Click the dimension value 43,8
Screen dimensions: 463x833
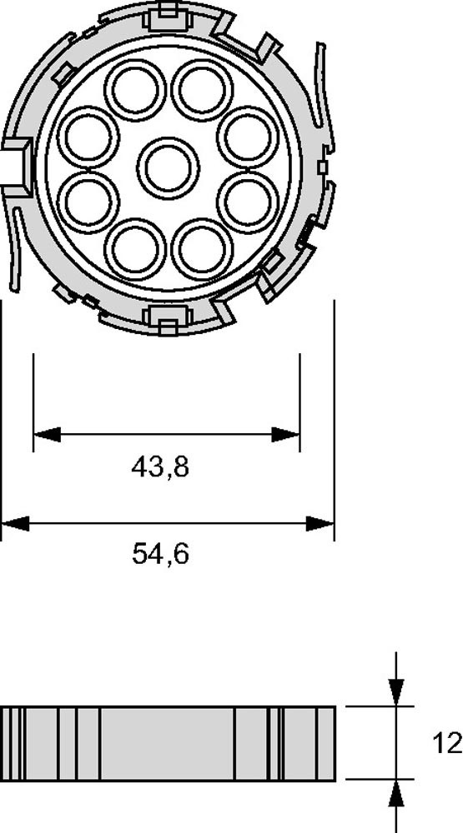click(x=160, y=468)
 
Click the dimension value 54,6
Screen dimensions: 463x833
click(x=160, y=555)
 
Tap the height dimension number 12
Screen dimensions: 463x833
click(x=447, y=743)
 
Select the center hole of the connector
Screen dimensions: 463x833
click(x=169, y=168)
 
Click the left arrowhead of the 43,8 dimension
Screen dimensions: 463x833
click(x=47, y=434)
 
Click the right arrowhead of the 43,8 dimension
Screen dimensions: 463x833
click(x=286, y=434)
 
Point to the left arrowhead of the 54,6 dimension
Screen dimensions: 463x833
click(x=16, y=523)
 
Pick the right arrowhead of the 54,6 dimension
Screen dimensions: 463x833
click(x=320, y=523)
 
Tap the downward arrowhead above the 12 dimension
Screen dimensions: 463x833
click(x=396, y=692)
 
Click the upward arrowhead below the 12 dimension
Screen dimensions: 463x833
click(x=396, y=794)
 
